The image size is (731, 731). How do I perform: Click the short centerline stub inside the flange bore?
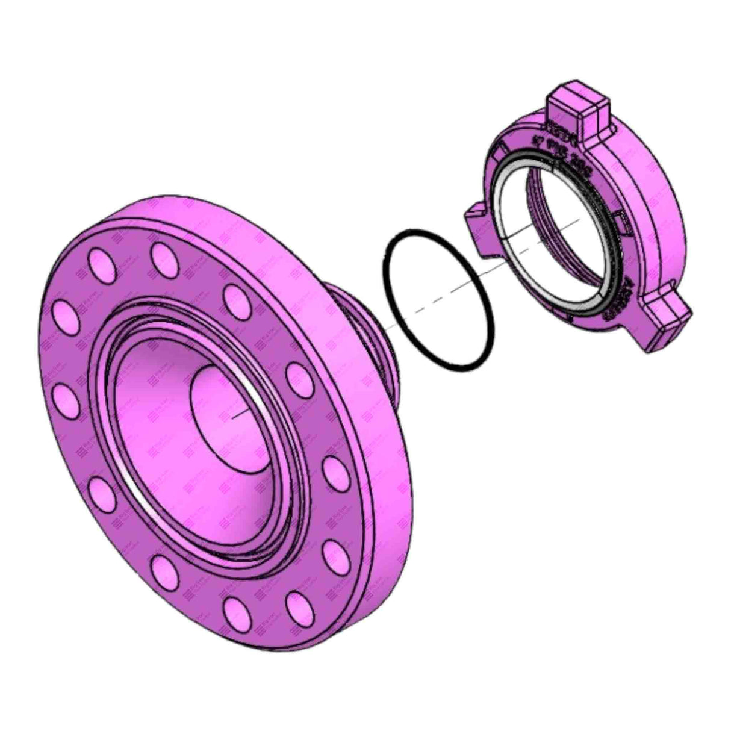pyautogui.click(x=238, y=412)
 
